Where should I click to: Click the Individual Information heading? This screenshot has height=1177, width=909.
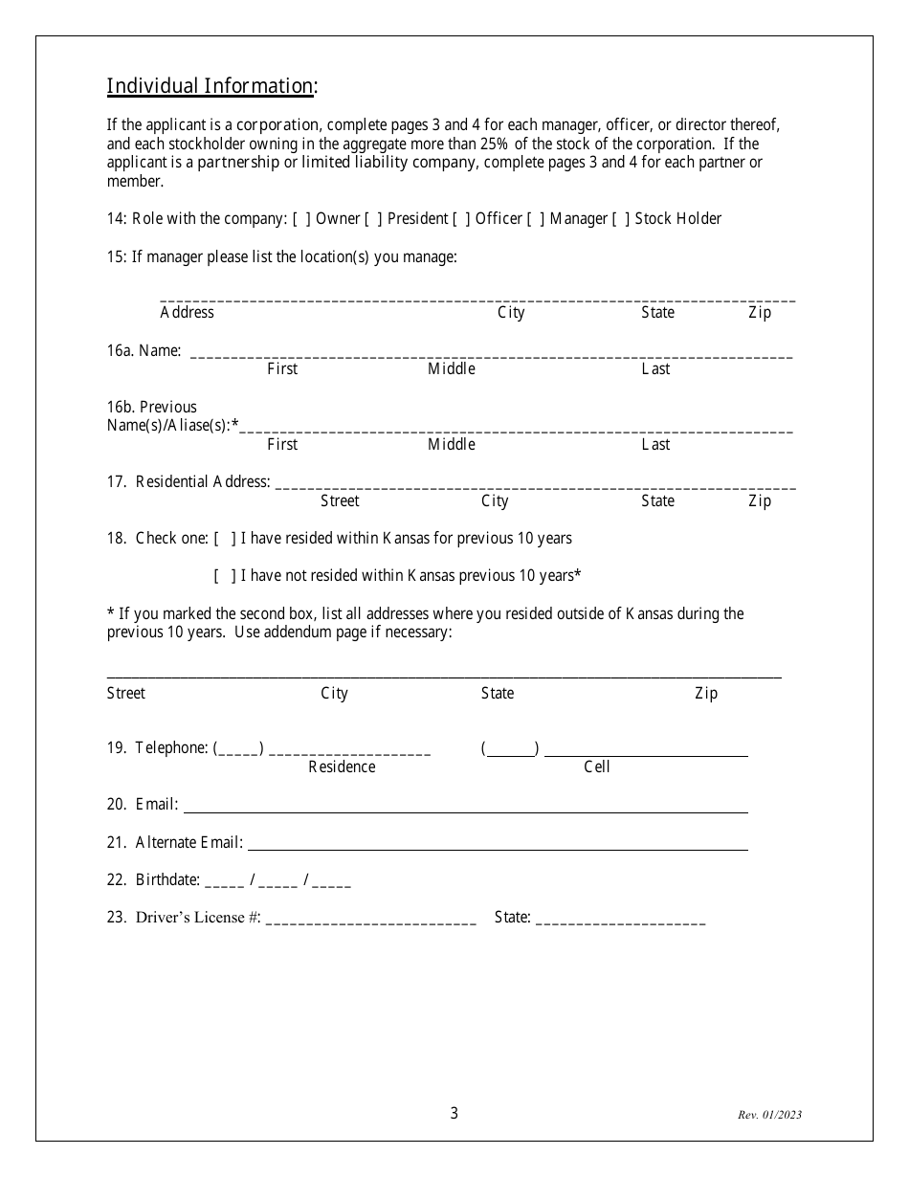211,86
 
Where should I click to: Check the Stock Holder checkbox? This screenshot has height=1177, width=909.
621,219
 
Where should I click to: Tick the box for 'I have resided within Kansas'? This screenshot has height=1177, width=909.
226,539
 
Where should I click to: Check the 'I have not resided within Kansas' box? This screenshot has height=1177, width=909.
226,576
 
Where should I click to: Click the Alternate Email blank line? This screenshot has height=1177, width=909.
498,845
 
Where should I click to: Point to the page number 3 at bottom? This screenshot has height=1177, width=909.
454,1113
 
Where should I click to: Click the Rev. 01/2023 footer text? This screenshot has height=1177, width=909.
769,1115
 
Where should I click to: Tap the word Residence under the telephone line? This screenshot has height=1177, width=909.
342,766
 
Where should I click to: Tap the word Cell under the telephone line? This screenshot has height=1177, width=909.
596,766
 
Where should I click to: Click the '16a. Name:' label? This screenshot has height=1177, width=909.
144,351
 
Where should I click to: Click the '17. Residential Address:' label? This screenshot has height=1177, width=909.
188,482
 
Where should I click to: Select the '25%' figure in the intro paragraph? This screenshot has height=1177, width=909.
522,144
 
